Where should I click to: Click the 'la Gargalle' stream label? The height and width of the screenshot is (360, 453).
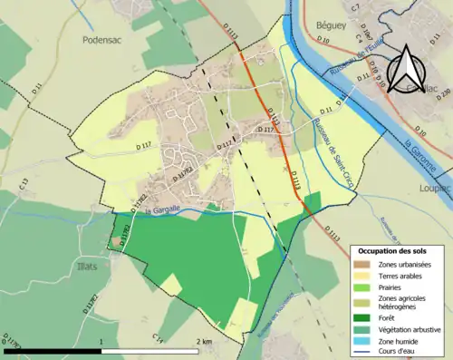point(160,210)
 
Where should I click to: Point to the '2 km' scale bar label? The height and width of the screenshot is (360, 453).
point(206,341)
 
